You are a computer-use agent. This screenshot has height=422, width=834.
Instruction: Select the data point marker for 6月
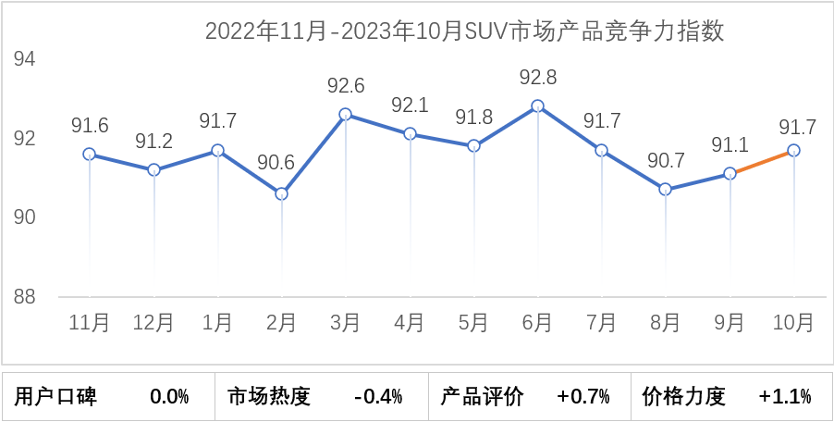tap(537, 106)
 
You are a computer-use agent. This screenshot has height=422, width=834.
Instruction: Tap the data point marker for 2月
tap(281, 193)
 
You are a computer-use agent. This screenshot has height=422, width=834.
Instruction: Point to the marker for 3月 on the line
tap(345, 115)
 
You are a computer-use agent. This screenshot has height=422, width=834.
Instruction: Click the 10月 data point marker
tap(793, 150)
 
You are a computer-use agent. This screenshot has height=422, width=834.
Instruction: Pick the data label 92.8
tap(537, 77)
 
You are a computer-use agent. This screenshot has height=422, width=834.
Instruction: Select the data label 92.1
tap(410, 105)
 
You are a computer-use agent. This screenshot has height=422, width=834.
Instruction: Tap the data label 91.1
tap(730, 144)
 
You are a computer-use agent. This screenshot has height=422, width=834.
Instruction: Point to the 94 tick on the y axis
tap(25, 60)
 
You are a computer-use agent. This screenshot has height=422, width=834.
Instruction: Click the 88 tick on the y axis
tap(25, 298)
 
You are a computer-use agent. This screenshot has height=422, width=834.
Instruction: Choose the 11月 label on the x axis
tap(90, 323)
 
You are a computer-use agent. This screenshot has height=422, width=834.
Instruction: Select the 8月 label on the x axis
tap(665, 323)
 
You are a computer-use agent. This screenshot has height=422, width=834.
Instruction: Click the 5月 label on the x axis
tap(473, 323)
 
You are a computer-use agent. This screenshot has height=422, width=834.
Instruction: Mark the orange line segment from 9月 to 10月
tap(762, 162)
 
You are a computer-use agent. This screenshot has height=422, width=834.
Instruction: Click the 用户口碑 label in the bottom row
tap(56, 397)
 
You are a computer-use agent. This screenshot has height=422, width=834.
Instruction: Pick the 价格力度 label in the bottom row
tap(684, 397)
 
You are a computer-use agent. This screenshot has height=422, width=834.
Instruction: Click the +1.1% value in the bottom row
tap(785, 397)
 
